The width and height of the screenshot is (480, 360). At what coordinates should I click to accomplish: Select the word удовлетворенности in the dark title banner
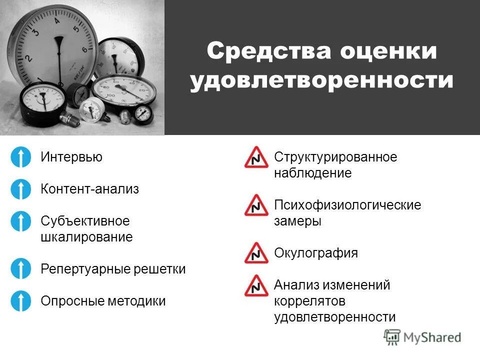[321, 81]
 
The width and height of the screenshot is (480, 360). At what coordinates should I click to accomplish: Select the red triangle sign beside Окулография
[256, 253]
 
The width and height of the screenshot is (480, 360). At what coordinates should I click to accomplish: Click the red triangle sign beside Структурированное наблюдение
[256, 158]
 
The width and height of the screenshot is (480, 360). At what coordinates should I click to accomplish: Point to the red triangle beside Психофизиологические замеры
[256, 206]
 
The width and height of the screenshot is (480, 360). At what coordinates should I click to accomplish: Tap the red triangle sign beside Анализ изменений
[256, 286]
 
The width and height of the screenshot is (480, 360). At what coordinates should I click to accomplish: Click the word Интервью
[71, 157]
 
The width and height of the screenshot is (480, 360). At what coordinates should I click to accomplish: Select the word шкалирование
[86, 237]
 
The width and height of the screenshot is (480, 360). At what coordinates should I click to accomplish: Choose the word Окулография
[316, 253]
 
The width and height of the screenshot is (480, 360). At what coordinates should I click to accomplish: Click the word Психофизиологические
[347, 205]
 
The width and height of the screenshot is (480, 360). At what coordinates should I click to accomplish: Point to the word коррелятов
[310, 301]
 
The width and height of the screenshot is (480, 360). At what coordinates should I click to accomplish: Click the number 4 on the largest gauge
[56, 21]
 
